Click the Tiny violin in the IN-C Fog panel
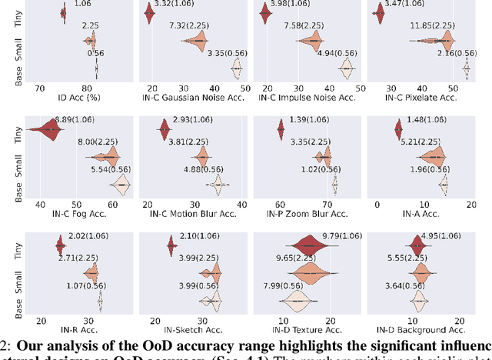coord(48,129)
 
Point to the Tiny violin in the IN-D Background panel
coord(417,246)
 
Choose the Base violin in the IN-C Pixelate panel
coord(467,69)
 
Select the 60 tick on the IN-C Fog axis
coord(113,204)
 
